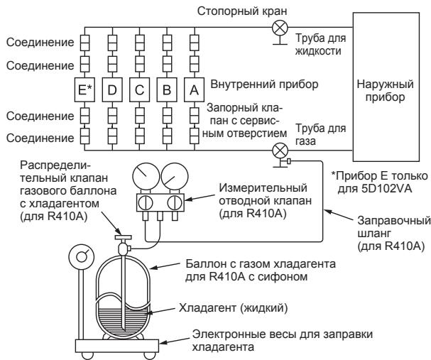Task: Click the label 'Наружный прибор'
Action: click(385, 90)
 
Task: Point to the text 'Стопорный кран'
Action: click(242, 11)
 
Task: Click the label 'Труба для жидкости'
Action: click(320, 45)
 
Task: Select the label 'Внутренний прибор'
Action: click(264, 84)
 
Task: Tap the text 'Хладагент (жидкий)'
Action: click(234, 307)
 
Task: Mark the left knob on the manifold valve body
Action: click(146, 203)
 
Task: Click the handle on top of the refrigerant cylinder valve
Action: click(123, 237)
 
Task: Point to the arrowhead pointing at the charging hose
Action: click(327, 212)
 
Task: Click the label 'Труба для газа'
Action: click(320, 135)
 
